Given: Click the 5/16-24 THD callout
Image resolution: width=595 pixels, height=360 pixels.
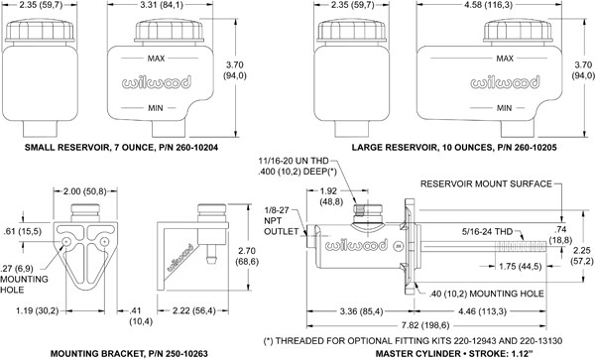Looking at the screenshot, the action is [x=488, y=231].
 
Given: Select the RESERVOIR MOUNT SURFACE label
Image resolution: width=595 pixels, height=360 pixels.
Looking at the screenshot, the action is [x=486, y=184].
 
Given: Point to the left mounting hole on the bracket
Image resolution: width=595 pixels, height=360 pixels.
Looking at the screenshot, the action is [x=66, y=242].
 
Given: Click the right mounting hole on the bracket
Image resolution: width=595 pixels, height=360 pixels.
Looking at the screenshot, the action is [x=104, y=242].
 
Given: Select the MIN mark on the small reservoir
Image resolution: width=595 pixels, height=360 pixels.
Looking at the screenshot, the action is [x=156, y=108].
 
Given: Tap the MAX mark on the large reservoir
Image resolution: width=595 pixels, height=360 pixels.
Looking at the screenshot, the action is [x=505, y=59].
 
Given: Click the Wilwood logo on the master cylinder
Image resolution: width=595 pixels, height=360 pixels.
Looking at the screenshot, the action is [x=356, y=245].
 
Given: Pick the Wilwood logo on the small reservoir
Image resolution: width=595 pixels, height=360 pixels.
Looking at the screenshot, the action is [x=157, y=82].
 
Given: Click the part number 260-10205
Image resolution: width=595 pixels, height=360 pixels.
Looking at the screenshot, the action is [x=535, y=147].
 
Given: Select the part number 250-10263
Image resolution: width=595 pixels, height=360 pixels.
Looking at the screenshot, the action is [x=186, y=354].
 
